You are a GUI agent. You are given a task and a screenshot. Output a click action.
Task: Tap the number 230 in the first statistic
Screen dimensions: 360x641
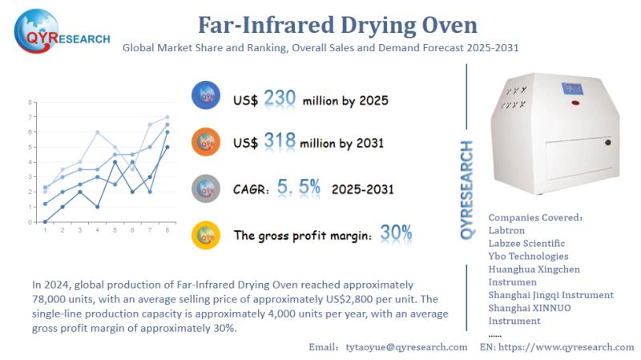pyautogui.click(x=280, y=98)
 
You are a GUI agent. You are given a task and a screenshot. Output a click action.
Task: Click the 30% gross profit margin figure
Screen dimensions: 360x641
pyautogui.click(x=396, y=233)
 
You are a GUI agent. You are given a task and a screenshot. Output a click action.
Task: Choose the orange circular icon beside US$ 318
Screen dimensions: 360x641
pyautogui.click(x=207, y=142)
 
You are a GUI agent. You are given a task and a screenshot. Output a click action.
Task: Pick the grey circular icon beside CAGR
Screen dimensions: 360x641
pyautogui.click(x=207, y=189)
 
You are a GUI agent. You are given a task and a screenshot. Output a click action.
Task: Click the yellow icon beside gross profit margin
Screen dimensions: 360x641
pyautogui.click(x=207, y=234)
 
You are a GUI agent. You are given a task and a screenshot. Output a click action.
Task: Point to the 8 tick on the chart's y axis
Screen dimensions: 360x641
pyautogui.click(x=30, y=103)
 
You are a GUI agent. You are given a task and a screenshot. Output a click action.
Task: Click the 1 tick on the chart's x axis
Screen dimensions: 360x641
pyautogui.click(x=45, y=230)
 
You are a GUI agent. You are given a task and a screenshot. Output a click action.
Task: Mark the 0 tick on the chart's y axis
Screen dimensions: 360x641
pyautogui.click(x=30, y=221)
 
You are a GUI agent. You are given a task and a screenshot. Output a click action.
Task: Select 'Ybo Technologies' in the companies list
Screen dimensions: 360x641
pyautogui.click(x=530, y=256)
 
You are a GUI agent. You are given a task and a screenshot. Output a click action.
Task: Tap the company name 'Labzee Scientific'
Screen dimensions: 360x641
pyautogui.click(x=526, y=243)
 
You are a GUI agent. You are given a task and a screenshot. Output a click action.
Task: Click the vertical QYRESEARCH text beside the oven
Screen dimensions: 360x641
pyautogui.click(x=467, y=189)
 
